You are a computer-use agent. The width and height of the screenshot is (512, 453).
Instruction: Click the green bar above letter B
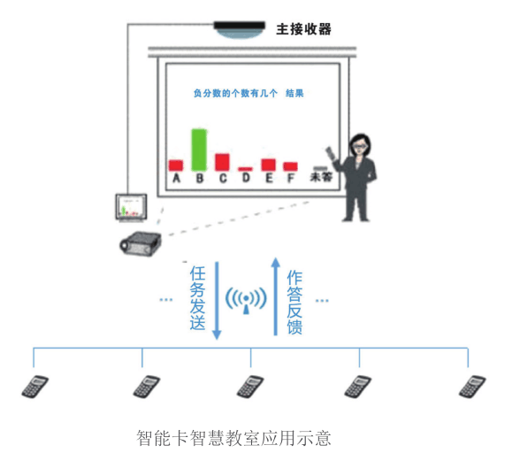click(x=199, y=150)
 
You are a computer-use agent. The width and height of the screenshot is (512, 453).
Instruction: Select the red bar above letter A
click(x=176, y=165)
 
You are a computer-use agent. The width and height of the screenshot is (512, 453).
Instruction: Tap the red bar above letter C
click(x=222, y=162)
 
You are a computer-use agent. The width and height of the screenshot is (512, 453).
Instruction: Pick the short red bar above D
click(x=245, y=169)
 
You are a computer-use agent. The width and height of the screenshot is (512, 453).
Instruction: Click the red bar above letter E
click(x=269, y=165)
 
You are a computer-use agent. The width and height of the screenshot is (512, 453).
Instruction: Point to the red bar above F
click(x=290, y=166)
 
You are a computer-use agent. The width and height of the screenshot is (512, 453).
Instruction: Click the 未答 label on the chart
click(x=321, y=177)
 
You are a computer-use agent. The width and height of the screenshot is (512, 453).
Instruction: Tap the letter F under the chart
click(x=291, y=178)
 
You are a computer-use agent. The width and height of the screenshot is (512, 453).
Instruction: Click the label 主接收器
click(x=303, y=29)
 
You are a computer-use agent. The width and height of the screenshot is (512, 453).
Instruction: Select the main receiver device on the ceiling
click(x=240, y=30)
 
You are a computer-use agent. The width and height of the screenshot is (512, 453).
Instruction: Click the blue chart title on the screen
click(x=248, y=94)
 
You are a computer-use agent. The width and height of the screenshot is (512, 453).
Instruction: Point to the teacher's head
click(x=360, y=145)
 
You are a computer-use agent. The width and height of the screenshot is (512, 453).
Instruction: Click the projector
click(x=141, y=243)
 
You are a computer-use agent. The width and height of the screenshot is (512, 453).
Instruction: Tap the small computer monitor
click(x=131, y=207)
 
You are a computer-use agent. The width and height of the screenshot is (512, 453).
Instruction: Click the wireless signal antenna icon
click(x=246, y=300)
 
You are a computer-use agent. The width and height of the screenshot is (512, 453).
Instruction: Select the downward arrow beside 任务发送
click(x=217, y=301)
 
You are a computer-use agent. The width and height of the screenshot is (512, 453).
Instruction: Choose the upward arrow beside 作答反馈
click(x=276, y=296)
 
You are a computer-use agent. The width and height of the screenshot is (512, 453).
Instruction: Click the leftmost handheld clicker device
click(x=35, y=387)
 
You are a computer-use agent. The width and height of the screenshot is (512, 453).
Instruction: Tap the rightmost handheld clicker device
click(x=472, y=387)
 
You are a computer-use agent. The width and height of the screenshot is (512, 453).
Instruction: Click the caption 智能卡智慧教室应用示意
click(x=233, y=438)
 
